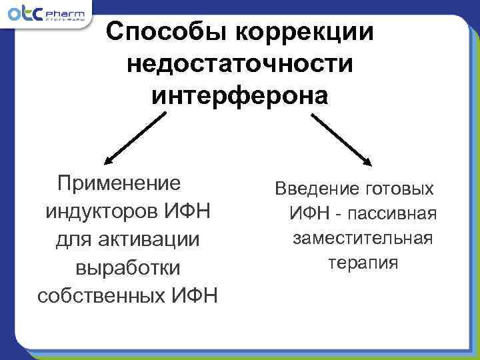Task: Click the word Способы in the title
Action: (165, 32)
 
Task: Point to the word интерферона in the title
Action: (239, 96)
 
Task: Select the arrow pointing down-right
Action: (341, 138)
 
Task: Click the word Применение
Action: (120, 183)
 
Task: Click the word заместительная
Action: (363, 238)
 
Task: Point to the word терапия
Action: (363, 263)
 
